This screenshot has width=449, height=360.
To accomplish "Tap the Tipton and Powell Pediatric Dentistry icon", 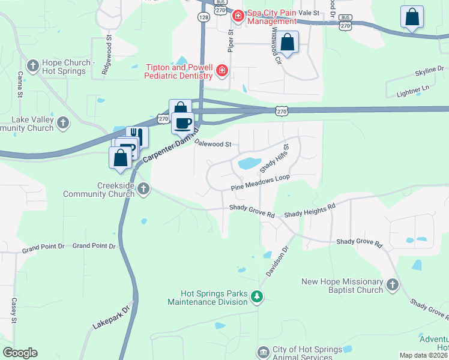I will [222, 71].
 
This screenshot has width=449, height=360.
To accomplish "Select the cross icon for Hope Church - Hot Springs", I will [32, 64].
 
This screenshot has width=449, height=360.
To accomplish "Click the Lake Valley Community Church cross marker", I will [63, 124].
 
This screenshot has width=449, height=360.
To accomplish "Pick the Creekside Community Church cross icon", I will [143, 190].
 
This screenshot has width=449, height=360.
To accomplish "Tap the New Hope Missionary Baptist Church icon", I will [393, 285].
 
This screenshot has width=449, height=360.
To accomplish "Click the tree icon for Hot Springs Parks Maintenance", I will [257, 296].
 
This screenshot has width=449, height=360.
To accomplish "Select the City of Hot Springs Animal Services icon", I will [263, 352].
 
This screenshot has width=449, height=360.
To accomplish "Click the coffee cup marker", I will [183, 123].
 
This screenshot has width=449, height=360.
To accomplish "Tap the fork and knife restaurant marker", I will [137, 136].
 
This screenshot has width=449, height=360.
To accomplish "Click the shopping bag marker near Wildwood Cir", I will [288, 43].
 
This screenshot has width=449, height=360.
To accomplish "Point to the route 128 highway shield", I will [205, 19].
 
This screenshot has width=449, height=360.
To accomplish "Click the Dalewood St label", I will [213, 145].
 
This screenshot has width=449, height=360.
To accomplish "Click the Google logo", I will [20, 353].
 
